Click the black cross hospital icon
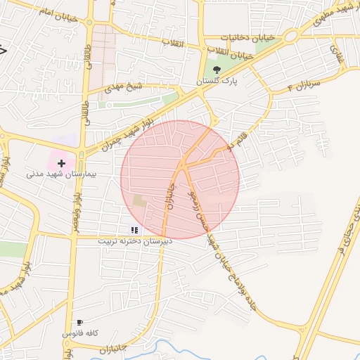coord(61,162)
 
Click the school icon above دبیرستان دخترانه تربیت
coord(134,230)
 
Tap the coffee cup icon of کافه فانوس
coord(79,323)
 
